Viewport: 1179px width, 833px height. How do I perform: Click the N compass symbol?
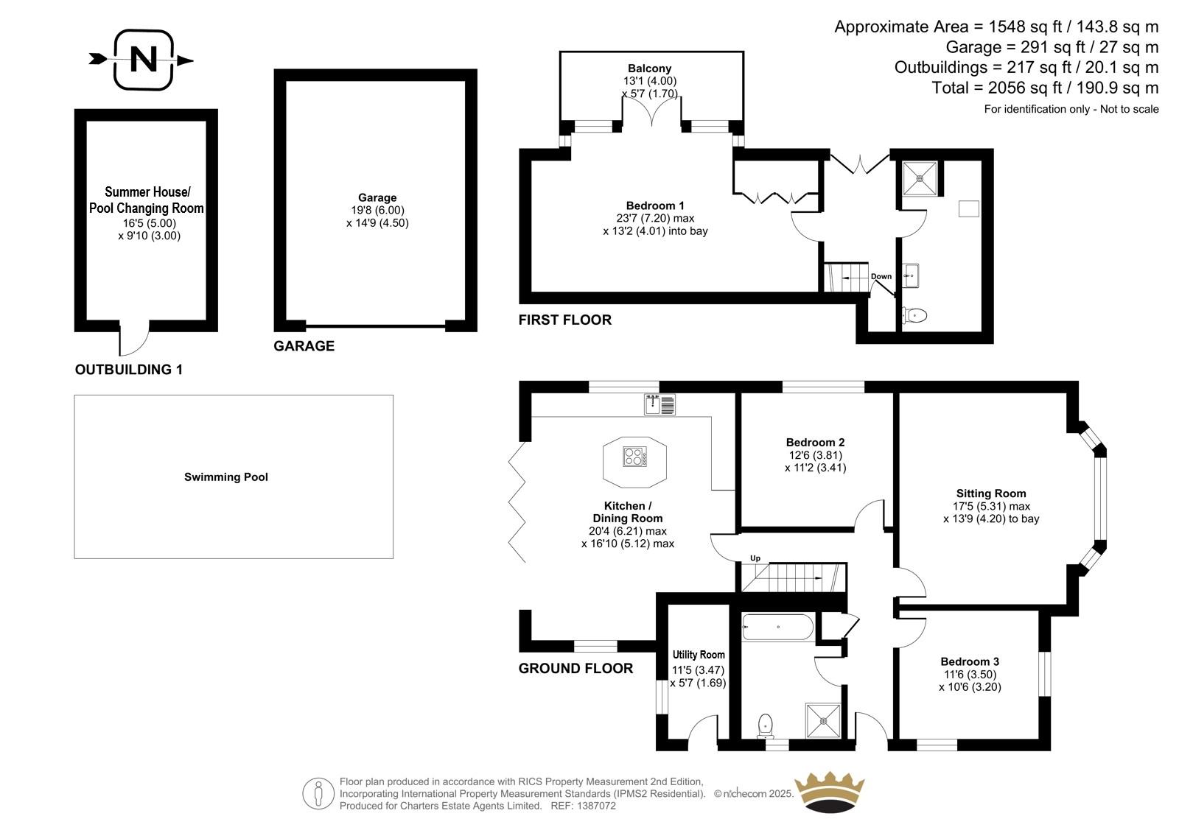tap(142, 60)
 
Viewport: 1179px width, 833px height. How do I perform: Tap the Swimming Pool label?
tap(225, 477)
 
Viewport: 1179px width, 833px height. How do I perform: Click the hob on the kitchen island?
tap(634, 456)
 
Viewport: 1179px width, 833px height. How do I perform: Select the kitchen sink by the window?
tap(660, 404)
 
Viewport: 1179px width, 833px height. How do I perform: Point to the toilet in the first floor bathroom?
tap(914, 316)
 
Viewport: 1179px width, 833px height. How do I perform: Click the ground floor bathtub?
tap(777, 627)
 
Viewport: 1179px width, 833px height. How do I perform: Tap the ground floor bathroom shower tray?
tap(823, 720)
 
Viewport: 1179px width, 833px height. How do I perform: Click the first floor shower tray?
tap(920, 178)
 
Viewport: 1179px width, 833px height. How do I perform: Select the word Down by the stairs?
tap(881, 276)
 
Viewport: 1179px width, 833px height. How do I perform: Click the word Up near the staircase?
tap(755, 558)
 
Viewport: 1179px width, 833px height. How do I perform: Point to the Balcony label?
tap(649, 68)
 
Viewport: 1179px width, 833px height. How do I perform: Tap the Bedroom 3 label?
tap(970, 661)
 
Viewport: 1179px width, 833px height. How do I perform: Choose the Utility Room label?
tap(699, 655)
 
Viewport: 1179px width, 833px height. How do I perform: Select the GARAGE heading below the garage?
tap(304, 345)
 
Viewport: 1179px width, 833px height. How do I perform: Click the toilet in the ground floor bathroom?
tap(766, 725)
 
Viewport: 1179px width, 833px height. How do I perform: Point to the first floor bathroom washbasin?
tap(911, 275)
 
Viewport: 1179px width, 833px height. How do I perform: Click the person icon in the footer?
tap(318, 793)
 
